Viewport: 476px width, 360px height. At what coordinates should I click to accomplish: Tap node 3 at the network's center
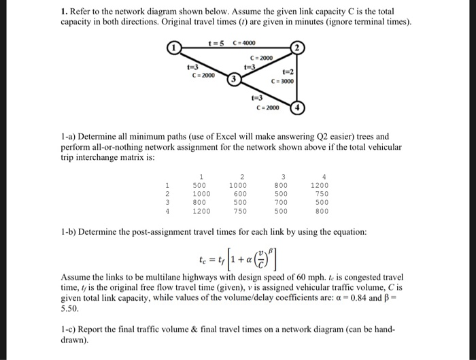[x=235, y=79]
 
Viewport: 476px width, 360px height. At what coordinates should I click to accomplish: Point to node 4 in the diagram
[x=296, y=108]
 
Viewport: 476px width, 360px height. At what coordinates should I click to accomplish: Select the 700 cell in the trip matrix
[x=281, y=202]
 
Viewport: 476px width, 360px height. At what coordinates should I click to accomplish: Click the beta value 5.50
[x=69, y=308]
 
